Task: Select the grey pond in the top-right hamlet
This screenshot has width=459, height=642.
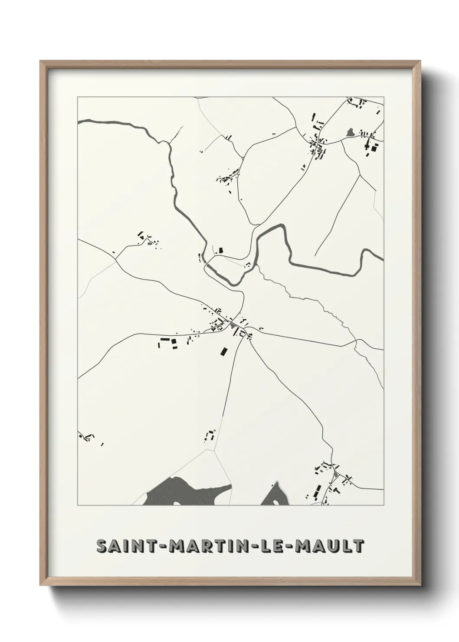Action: point(350,131)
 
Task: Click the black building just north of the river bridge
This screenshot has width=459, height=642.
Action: point(220,250)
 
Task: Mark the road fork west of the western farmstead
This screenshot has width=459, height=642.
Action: point(116,260)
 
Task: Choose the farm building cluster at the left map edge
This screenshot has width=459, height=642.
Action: point(86,436)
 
